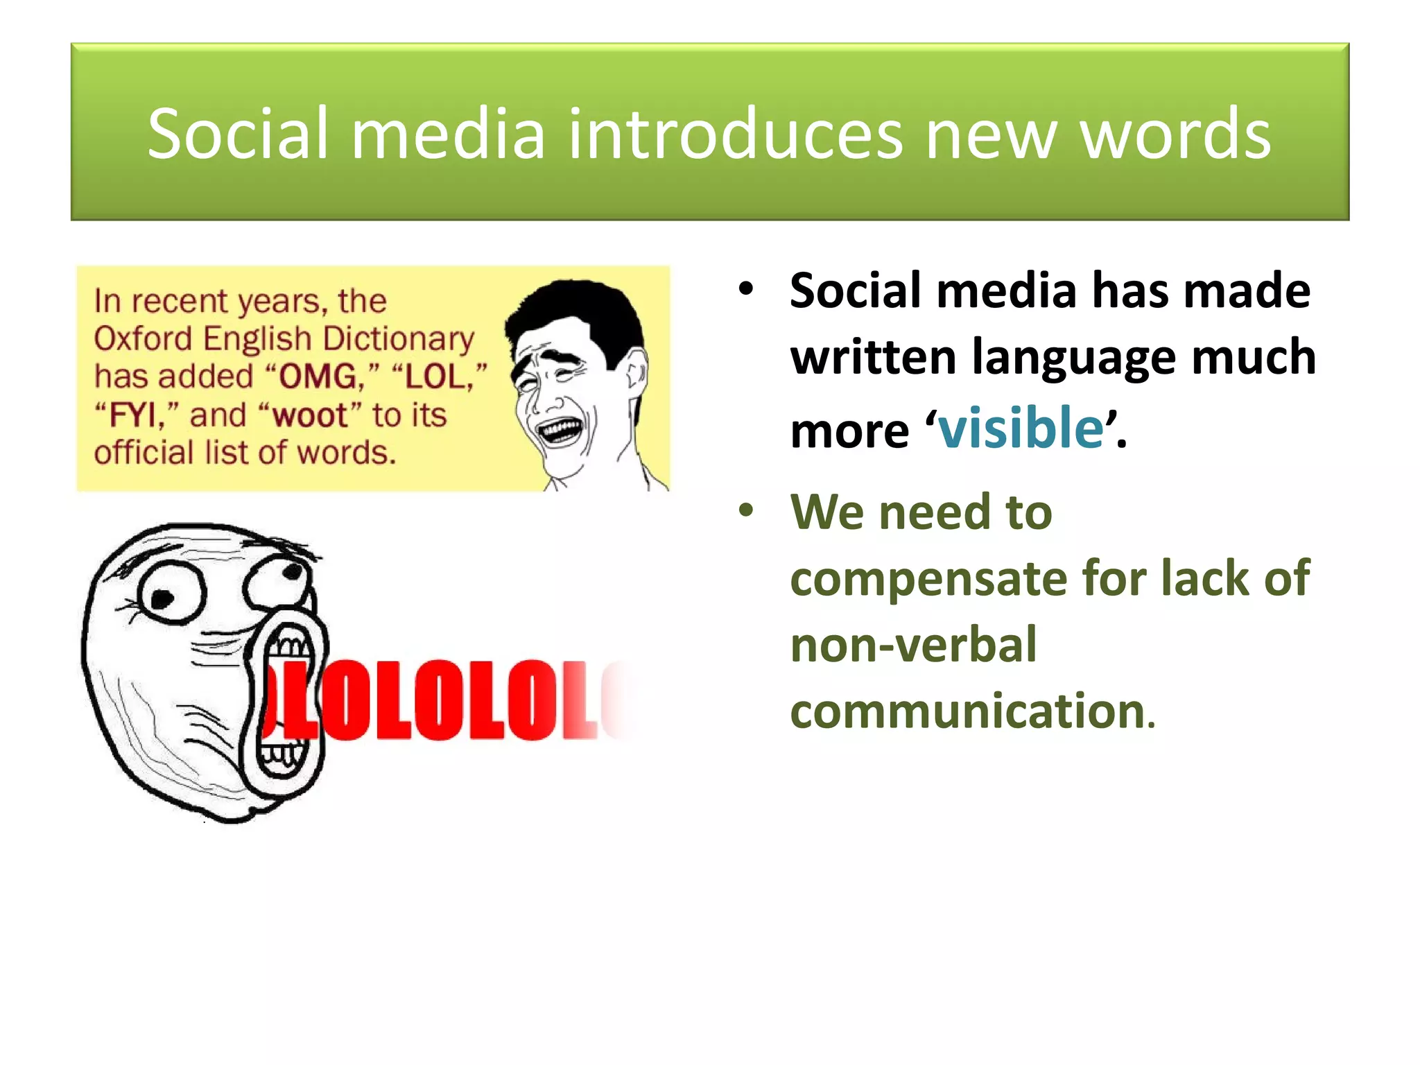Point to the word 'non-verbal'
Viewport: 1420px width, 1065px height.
(x=913, y=645)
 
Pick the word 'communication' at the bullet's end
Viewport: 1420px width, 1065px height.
(x=967, y=711)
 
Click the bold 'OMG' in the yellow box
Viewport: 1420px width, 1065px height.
(x=318, y=377)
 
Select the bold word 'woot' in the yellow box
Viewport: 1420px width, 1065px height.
(x=310, y=415)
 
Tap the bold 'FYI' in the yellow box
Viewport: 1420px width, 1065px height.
(x=133, y=415)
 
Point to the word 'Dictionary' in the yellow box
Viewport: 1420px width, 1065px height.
(x=399, y=339)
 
